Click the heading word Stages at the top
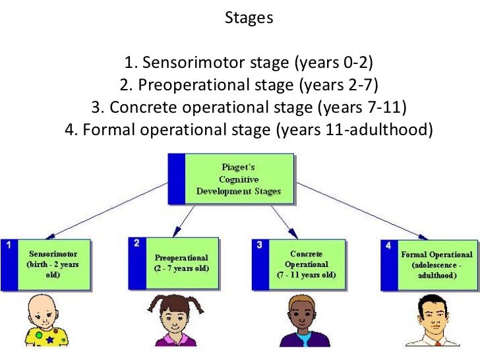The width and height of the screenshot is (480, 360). [x=249, y=18]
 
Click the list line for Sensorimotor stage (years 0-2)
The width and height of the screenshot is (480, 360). [x=249, y=63]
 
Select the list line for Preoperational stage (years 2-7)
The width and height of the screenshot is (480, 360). [x=249, y=85]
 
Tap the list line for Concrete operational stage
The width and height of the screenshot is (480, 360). [x=249, y=107]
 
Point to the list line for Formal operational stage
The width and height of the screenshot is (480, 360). [x=249, y=129]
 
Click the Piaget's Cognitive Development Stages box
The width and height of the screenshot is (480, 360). [x=239, y=178]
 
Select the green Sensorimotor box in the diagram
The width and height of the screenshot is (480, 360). [x=53, y=264]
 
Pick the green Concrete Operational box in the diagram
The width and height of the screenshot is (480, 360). [x=305, y=263]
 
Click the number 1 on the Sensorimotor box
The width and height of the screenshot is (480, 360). [x=9, y=245]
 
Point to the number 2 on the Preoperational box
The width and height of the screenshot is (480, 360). [x=136, y=243]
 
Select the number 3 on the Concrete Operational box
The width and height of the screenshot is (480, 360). [x=260, y=244]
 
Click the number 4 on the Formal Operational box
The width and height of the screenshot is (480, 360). [x=388, y=245]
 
